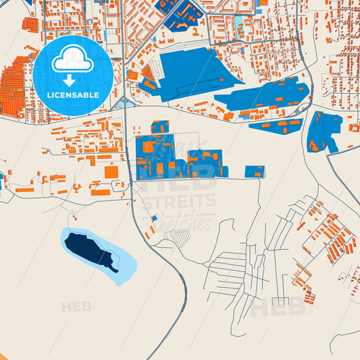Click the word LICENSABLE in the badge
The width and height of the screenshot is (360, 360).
click(72, 95)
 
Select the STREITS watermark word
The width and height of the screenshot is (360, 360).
click(179, 201)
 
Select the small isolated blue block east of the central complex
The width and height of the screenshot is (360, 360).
click(255, 172)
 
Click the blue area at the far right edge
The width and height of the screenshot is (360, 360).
click(324, 132)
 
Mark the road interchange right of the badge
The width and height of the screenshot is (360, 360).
click(123, 103)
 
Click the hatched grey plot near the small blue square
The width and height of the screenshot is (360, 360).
click(179, 237)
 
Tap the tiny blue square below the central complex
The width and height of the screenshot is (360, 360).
click(154, 218)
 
